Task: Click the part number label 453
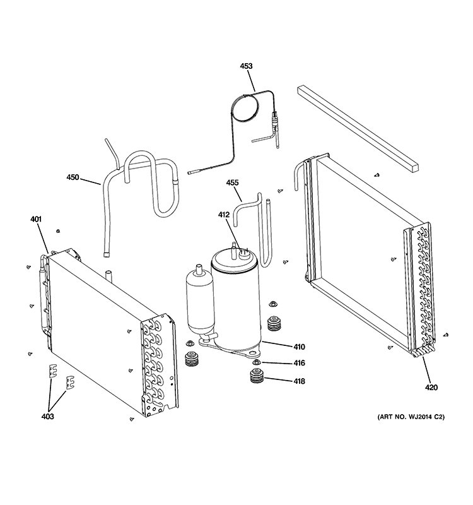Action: coord(246,66)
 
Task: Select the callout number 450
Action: coord(73,177)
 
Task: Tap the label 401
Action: coord(35,219)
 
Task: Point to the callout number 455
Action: coord(232,183)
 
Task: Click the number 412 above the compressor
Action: coord(224,215)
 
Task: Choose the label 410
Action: coord(298,347)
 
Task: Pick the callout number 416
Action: coord(298,363)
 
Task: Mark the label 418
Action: coord(298,381)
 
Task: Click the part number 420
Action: coord(431,387)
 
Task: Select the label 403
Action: coord(47,416)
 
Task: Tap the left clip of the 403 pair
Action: coord(54,372)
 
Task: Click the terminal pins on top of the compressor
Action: coord(240,251)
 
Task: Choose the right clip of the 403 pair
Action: coord(70,382)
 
